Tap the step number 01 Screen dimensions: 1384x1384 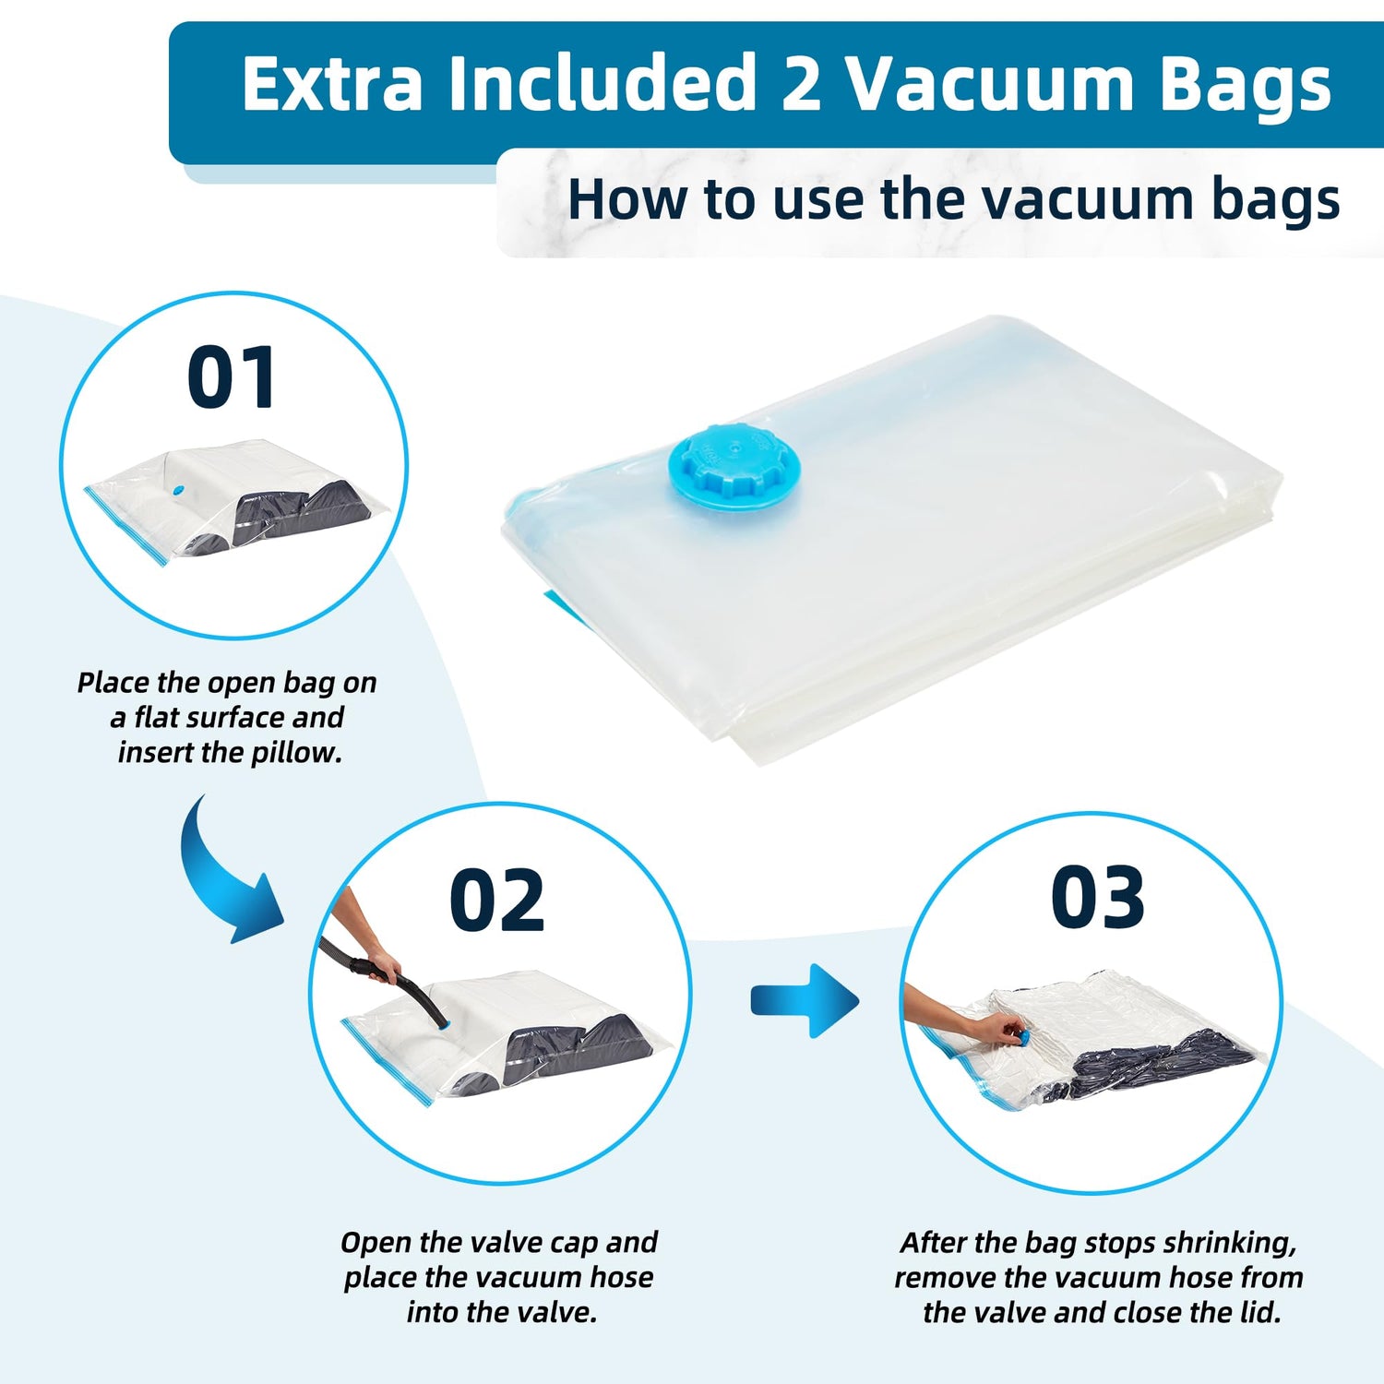click(231, 377)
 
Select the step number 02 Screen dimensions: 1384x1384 click(496, 901)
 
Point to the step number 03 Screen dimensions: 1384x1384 click(1098, 898)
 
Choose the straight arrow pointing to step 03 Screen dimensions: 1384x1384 click(805, 1000)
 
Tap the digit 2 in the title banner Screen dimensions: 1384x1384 click(801, 84)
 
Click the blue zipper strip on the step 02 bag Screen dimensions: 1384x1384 click(388, 1061)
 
